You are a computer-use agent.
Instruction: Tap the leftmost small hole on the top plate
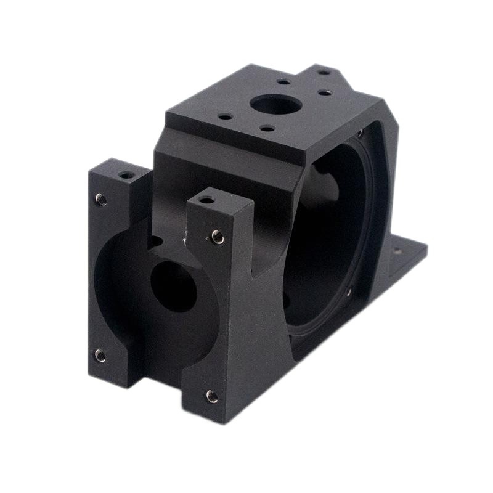(x=226, y=115)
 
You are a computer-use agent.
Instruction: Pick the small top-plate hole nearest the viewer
(x=266, y=129)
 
